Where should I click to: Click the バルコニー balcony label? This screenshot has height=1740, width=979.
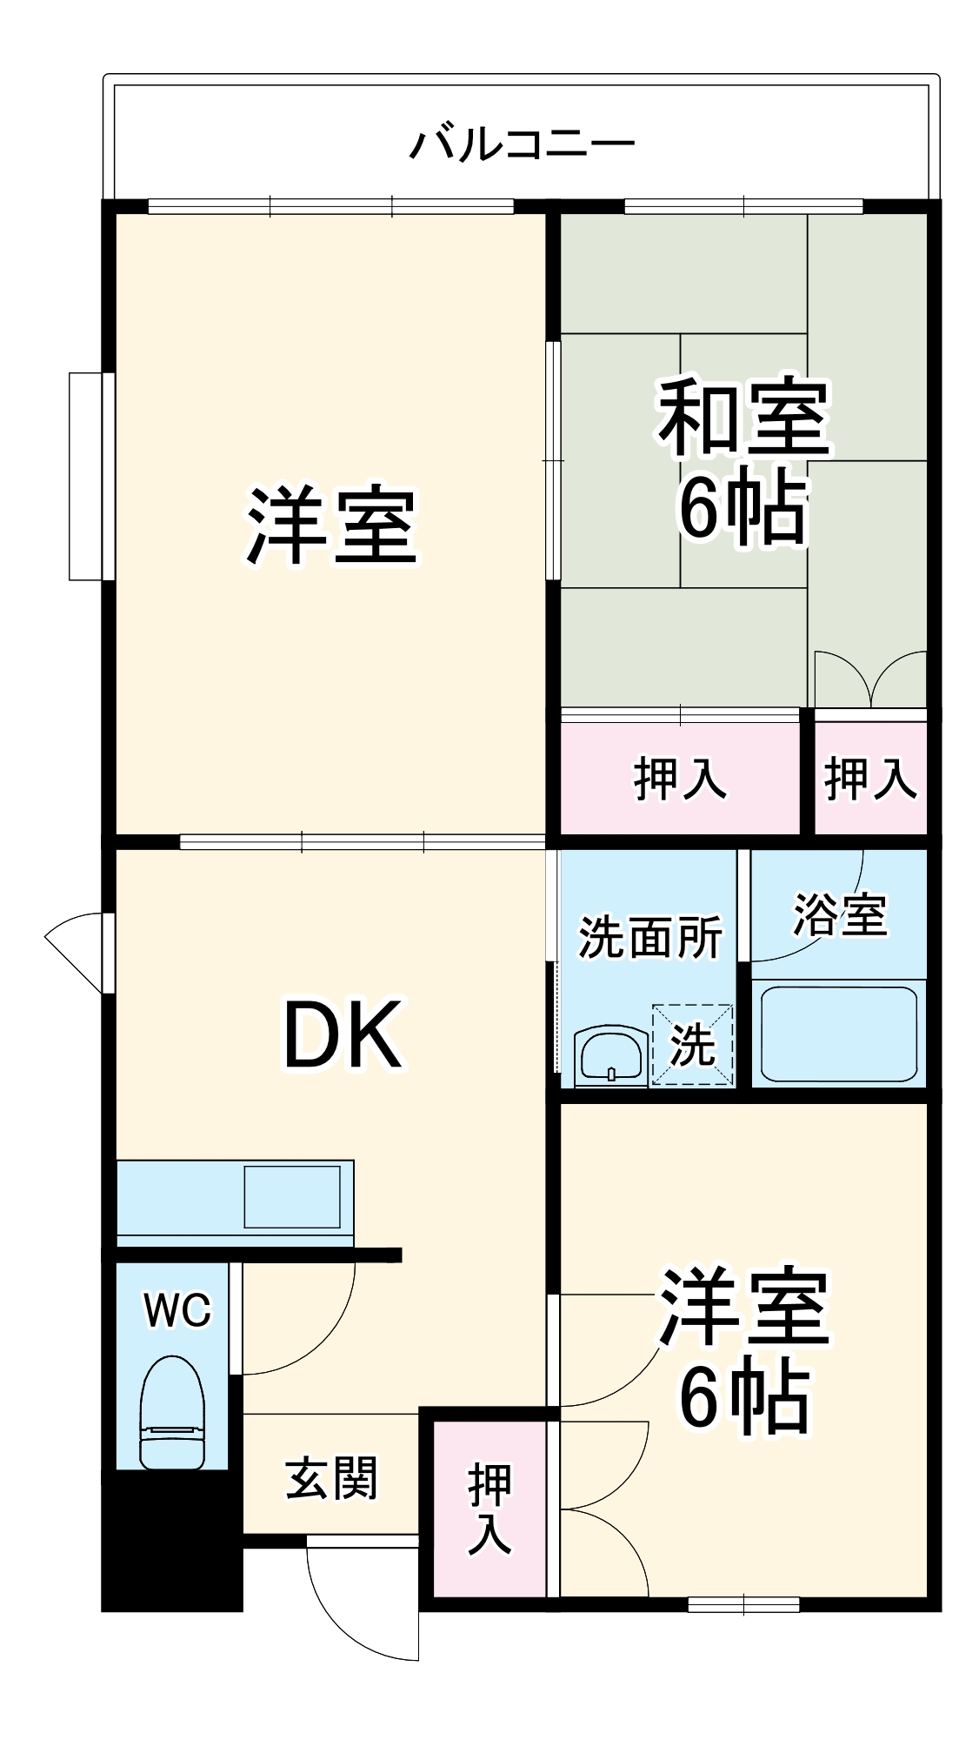pos(522,144)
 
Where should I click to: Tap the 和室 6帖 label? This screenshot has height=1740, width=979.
pos(743,461)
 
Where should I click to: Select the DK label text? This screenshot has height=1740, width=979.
pos(343,1035)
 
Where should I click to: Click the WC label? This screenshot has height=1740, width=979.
pos(177,1310)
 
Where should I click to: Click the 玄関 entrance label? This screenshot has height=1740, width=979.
pos(331,1479)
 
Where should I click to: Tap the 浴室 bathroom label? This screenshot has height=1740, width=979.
pos(840,913)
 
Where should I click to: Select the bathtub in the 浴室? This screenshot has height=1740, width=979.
pos(838,1033)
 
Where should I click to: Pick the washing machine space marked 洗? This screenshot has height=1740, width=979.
pos(693,1045)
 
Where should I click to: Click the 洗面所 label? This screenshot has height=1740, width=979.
pos(650,937)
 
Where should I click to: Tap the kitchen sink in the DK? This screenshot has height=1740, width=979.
pos(292,1196)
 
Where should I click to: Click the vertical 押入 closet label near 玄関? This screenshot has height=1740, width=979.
pos(490,1509)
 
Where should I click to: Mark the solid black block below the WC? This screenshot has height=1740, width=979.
pos(171,1540)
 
